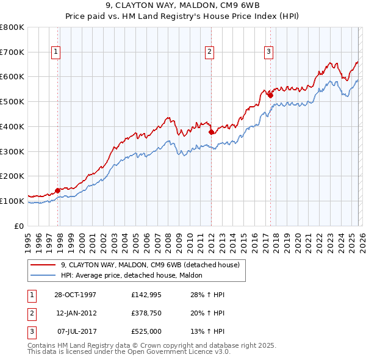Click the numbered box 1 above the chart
[56, 52]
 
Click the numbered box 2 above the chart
[209, 52]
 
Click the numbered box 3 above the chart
[268, 52]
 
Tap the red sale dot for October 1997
[58, 190]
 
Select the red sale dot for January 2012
[211, 132]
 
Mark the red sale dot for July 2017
[270, 95]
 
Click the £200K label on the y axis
[12, 176]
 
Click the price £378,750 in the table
[145, 313]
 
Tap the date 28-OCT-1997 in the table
[76, 295]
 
